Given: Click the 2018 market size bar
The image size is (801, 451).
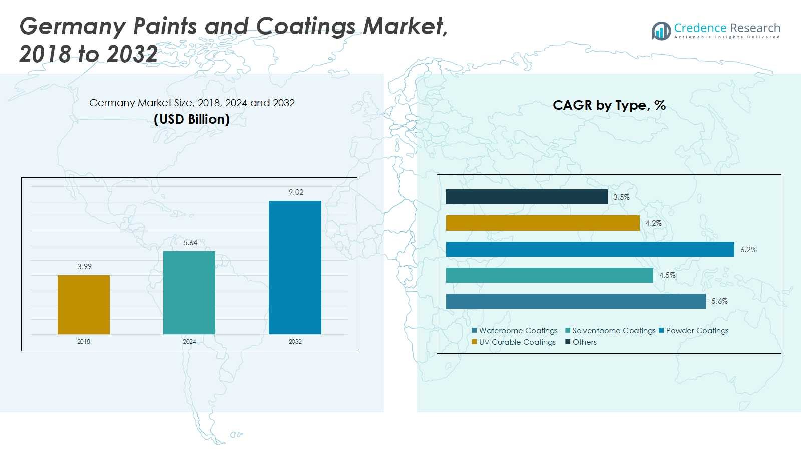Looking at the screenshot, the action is click(84, 305).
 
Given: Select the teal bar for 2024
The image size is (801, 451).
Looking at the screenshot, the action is click(189, 293).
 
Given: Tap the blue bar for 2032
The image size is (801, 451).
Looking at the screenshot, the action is click(295, 268).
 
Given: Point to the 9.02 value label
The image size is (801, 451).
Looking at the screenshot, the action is click(296, 192).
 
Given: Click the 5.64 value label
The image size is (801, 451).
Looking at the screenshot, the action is click(190, 243).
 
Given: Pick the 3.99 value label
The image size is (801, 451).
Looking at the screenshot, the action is click(85, 266).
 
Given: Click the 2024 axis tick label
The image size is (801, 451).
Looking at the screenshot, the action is click(189, 341).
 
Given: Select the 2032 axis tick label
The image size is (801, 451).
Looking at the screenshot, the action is click(295, 341).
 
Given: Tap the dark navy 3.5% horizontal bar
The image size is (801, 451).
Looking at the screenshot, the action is click(527, 197).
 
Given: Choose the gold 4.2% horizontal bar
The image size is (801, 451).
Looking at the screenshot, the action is click(543, 223).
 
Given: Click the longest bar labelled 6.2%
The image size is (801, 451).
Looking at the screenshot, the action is click(590, 249).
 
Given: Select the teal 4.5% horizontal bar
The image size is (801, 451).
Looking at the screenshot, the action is click(550, 275).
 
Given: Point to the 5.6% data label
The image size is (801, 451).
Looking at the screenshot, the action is click(719, 301).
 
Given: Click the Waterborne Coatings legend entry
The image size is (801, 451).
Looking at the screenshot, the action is click(515, 330).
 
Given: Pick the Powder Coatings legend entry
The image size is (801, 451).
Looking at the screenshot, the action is click(694, 330).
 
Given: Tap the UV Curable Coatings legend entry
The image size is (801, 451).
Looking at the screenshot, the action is click(514, 342).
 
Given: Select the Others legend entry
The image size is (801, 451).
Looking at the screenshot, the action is click(581, 342).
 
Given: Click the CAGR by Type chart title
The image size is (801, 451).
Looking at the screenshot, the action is click(609, 105).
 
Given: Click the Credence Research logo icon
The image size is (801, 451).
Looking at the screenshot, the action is click(661, 31).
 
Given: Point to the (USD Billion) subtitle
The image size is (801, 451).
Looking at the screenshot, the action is click(192, 119).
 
